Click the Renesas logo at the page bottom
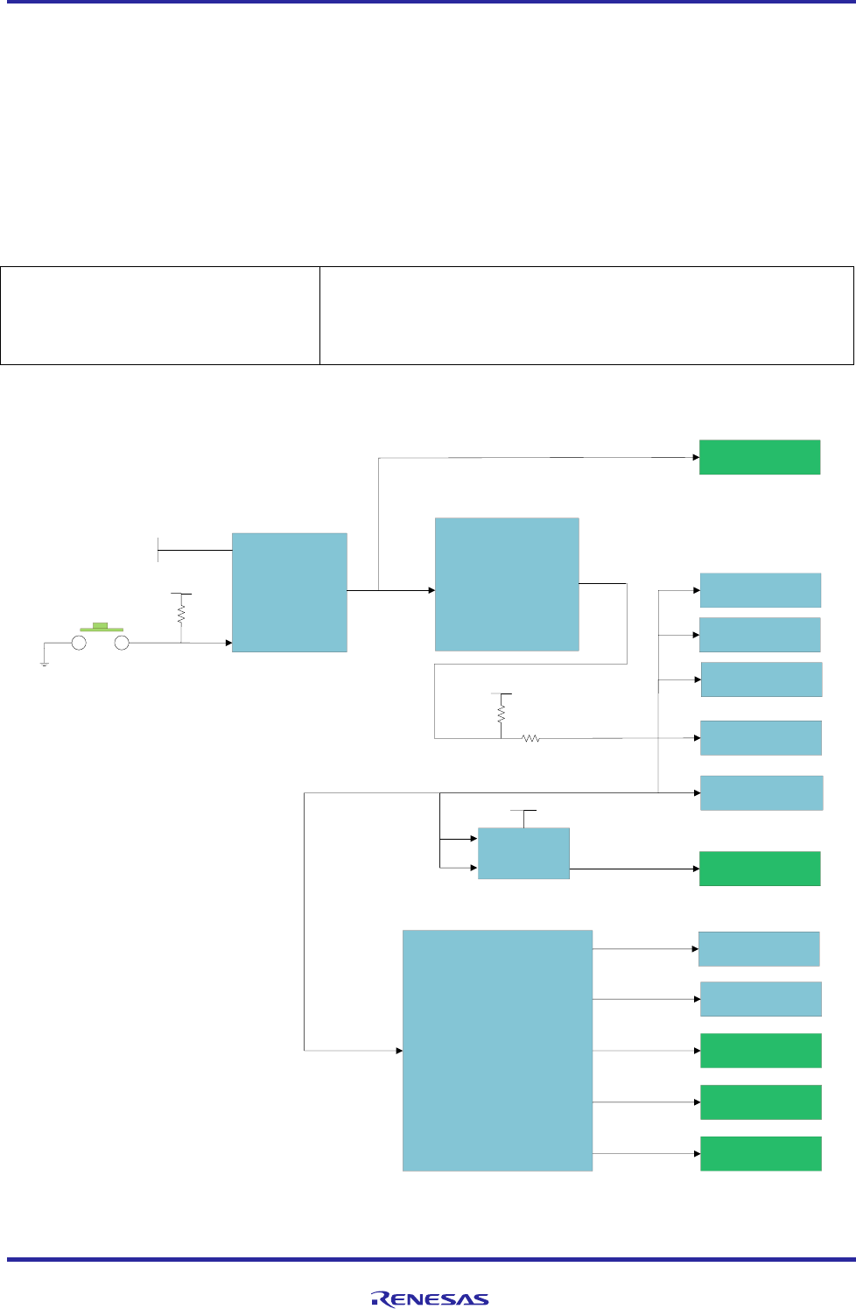430,1299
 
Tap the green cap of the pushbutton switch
101,627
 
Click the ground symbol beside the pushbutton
44,664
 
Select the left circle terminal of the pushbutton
79,643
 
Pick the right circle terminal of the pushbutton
123,643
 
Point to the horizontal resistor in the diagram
530,739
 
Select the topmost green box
759,457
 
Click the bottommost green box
761,1153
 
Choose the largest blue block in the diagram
497,1050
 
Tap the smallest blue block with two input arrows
523,853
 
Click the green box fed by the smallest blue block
759,869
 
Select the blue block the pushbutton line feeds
289,592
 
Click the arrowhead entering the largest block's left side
398,1050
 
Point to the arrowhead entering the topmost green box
696,457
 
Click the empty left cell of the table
160,315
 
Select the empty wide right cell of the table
586,315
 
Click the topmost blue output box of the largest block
758,948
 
